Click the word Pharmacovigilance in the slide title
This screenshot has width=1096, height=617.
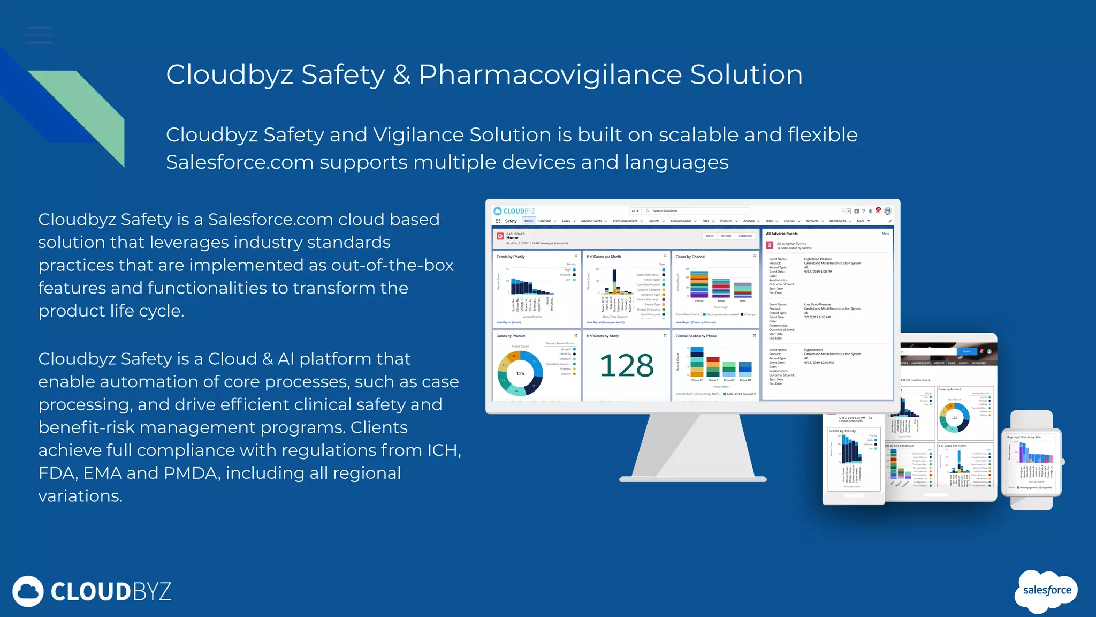click(550, 75)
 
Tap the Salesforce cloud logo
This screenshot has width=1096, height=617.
click(1047, 590)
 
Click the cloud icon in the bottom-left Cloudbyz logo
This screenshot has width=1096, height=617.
click(28, 591)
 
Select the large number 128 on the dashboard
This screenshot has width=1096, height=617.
click(627, 366)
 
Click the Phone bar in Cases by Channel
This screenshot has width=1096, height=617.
click(699, 284)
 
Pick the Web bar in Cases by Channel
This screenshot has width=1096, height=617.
click(743, 290)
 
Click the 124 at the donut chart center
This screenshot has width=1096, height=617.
click(520, 374)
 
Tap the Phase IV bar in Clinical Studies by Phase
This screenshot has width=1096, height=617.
click(697, 362)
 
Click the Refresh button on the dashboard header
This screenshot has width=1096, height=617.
click(726, 236)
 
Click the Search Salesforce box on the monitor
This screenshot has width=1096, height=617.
click(696, 211)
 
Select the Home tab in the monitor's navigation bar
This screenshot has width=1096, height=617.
click(529, 221)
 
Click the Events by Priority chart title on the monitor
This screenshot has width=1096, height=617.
click(511, 257)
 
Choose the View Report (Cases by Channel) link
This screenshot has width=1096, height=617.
click(695, 322)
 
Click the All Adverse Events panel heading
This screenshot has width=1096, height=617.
click(781, 234)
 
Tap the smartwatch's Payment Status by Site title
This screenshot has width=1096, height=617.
click(1024, 437)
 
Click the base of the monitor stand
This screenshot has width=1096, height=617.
click(692, 478)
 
